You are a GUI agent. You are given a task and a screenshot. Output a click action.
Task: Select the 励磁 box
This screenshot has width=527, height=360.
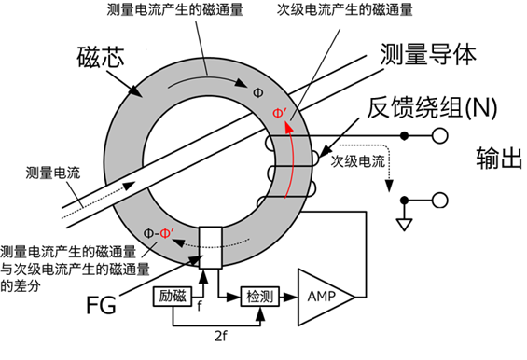click(171, 296)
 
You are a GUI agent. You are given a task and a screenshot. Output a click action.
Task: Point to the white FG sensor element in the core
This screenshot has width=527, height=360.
click(212, 248)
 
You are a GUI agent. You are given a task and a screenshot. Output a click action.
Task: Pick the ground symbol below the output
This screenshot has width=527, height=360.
click(403, 224)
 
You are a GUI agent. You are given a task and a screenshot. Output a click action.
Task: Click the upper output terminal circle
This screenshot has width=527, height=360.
click(437, 135)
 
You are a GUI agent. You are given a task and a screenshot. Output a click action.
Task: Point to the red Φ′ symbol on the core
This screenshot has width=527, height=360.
click(279, 115)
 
